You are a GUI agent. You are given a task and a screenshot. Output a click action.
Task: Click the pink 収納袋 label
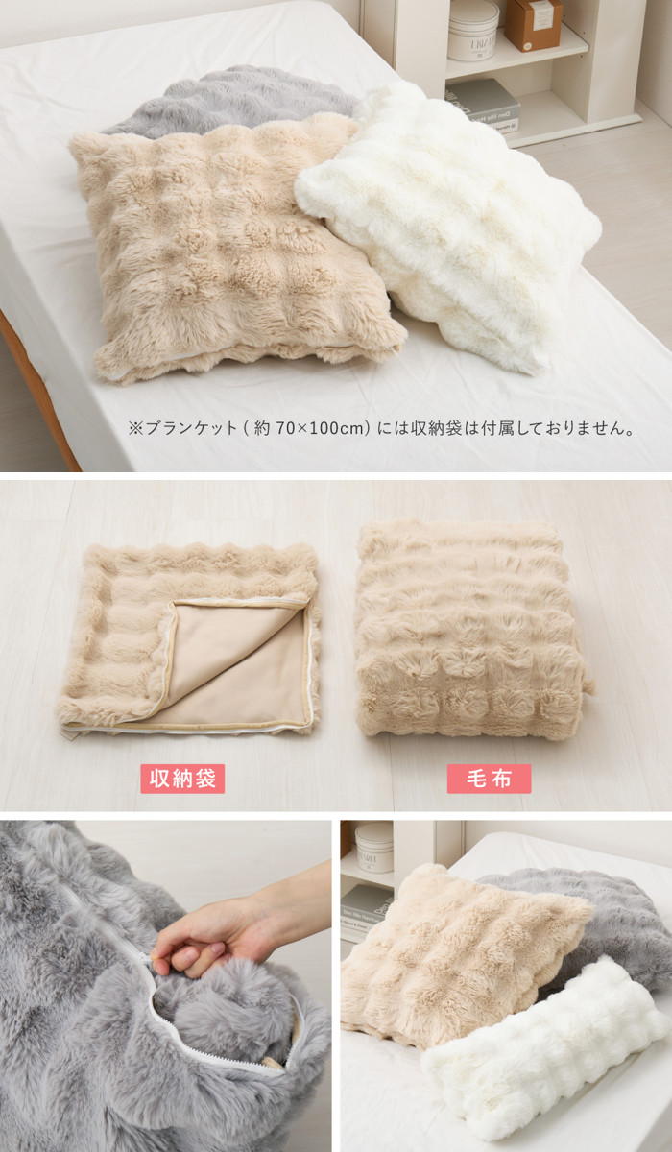182,779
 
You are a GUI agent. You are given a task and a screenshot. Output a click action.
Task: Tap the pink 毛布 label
489,779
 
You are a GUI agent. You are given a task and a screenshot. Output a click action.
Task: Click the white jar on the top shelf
473,30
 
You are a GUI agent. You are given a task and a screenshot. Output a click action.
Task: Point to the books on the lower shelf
483,106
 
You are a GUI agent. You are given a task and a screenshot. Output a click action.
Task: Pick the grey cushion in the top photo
231,100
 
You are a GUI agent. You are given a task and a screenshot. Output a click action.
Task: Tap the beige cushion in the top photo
234,247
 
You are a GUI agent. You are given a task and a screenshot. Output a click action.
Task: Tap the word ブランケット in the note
191,428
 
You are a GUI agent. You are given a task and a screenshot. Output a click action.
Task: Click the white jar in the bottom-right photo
374,847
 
